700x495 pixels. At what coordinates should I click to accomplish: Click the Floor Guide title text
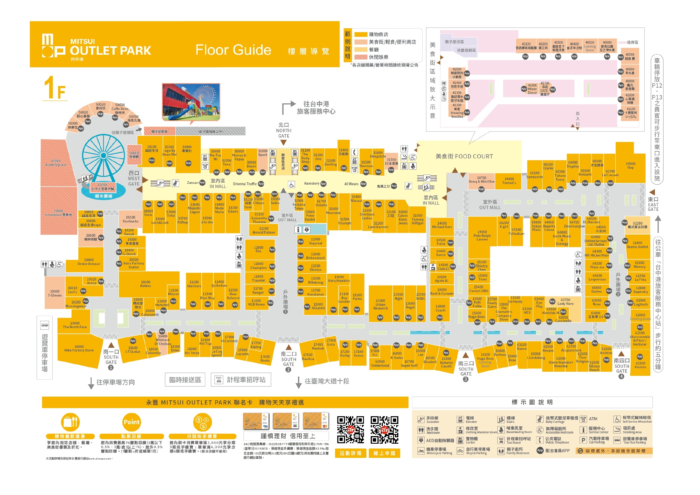click(233, 50)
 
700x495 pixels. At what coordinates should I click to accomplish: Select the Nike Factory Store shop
click(79, 349)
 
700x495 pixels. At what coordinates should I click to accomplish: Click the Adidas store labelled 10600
click(145, 284)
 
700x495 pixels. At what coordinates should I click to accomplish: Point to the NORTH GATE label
click(284, 131)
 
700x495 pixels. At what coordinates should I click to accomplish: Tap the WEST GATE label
click(134, 179)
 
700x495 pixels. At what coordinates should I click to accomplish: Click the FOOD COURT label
click(464, 156)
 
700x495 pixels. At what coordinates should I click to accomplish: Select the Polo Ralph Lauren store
click(482, 236)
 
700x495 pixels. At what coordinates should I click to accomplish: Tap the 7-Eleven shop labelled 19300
click(55, 293)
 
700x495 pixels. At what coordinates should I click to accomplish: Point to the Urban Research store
click(380, 304)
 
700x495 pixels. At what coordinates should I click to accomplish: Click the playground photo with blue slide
click(191, 102)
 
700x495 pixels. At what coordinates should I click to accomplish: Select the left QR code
click(350, 430)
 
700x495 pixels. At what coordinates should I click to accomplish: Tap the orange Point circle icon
click(131, 422)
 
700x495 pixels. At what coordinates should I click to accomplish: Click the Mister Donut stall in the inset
click(532, 89)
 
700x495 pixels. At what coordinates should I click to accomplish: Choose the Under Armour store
click(89, 262)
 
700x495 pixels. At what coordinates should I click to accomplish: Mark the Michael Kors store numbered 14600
click(442, 225)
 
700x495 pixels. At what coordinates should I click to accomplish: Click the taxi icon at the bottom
click(218, 379)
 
